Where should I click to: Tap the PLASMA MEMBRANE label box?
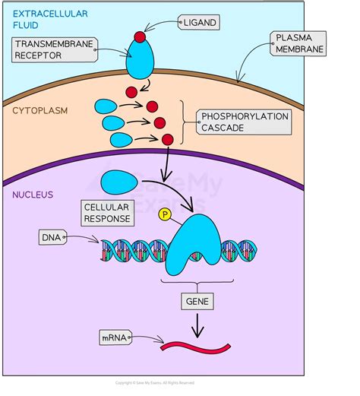click(298, 43)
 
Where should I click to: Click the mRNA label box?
click(115, 336)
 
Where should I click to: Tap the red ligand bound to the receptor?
click(140, 37)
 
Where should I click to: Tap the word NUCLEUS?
click(32, 195)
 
